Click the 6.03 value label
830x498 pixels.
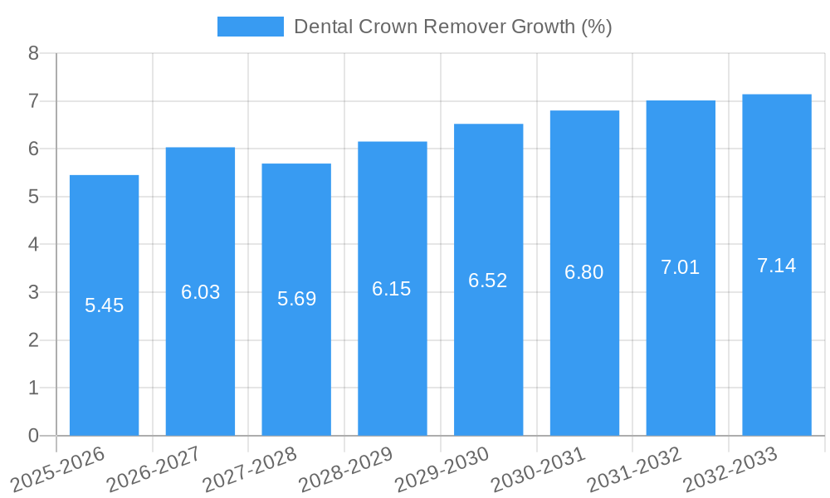click(200, 292)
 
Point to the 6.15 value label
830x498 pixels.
click(392, 289)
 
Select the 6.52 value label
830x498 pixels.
click(488, 281)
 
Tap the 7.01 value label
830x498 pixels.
click(681, 267)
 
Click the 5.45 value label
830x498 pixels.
click(104, 305)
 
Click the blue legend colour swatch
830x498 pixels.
click(250, 27)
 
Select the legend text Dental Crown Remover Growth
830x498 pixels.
click(452, 27)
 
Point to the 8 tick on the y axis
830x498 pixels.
click(33, 53)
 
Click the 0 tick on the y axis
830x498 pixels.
click(33, 436)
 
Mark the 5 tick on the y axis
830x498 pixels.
click(33, 197)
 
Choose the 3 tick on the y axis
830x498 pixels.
click(33, 292)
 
